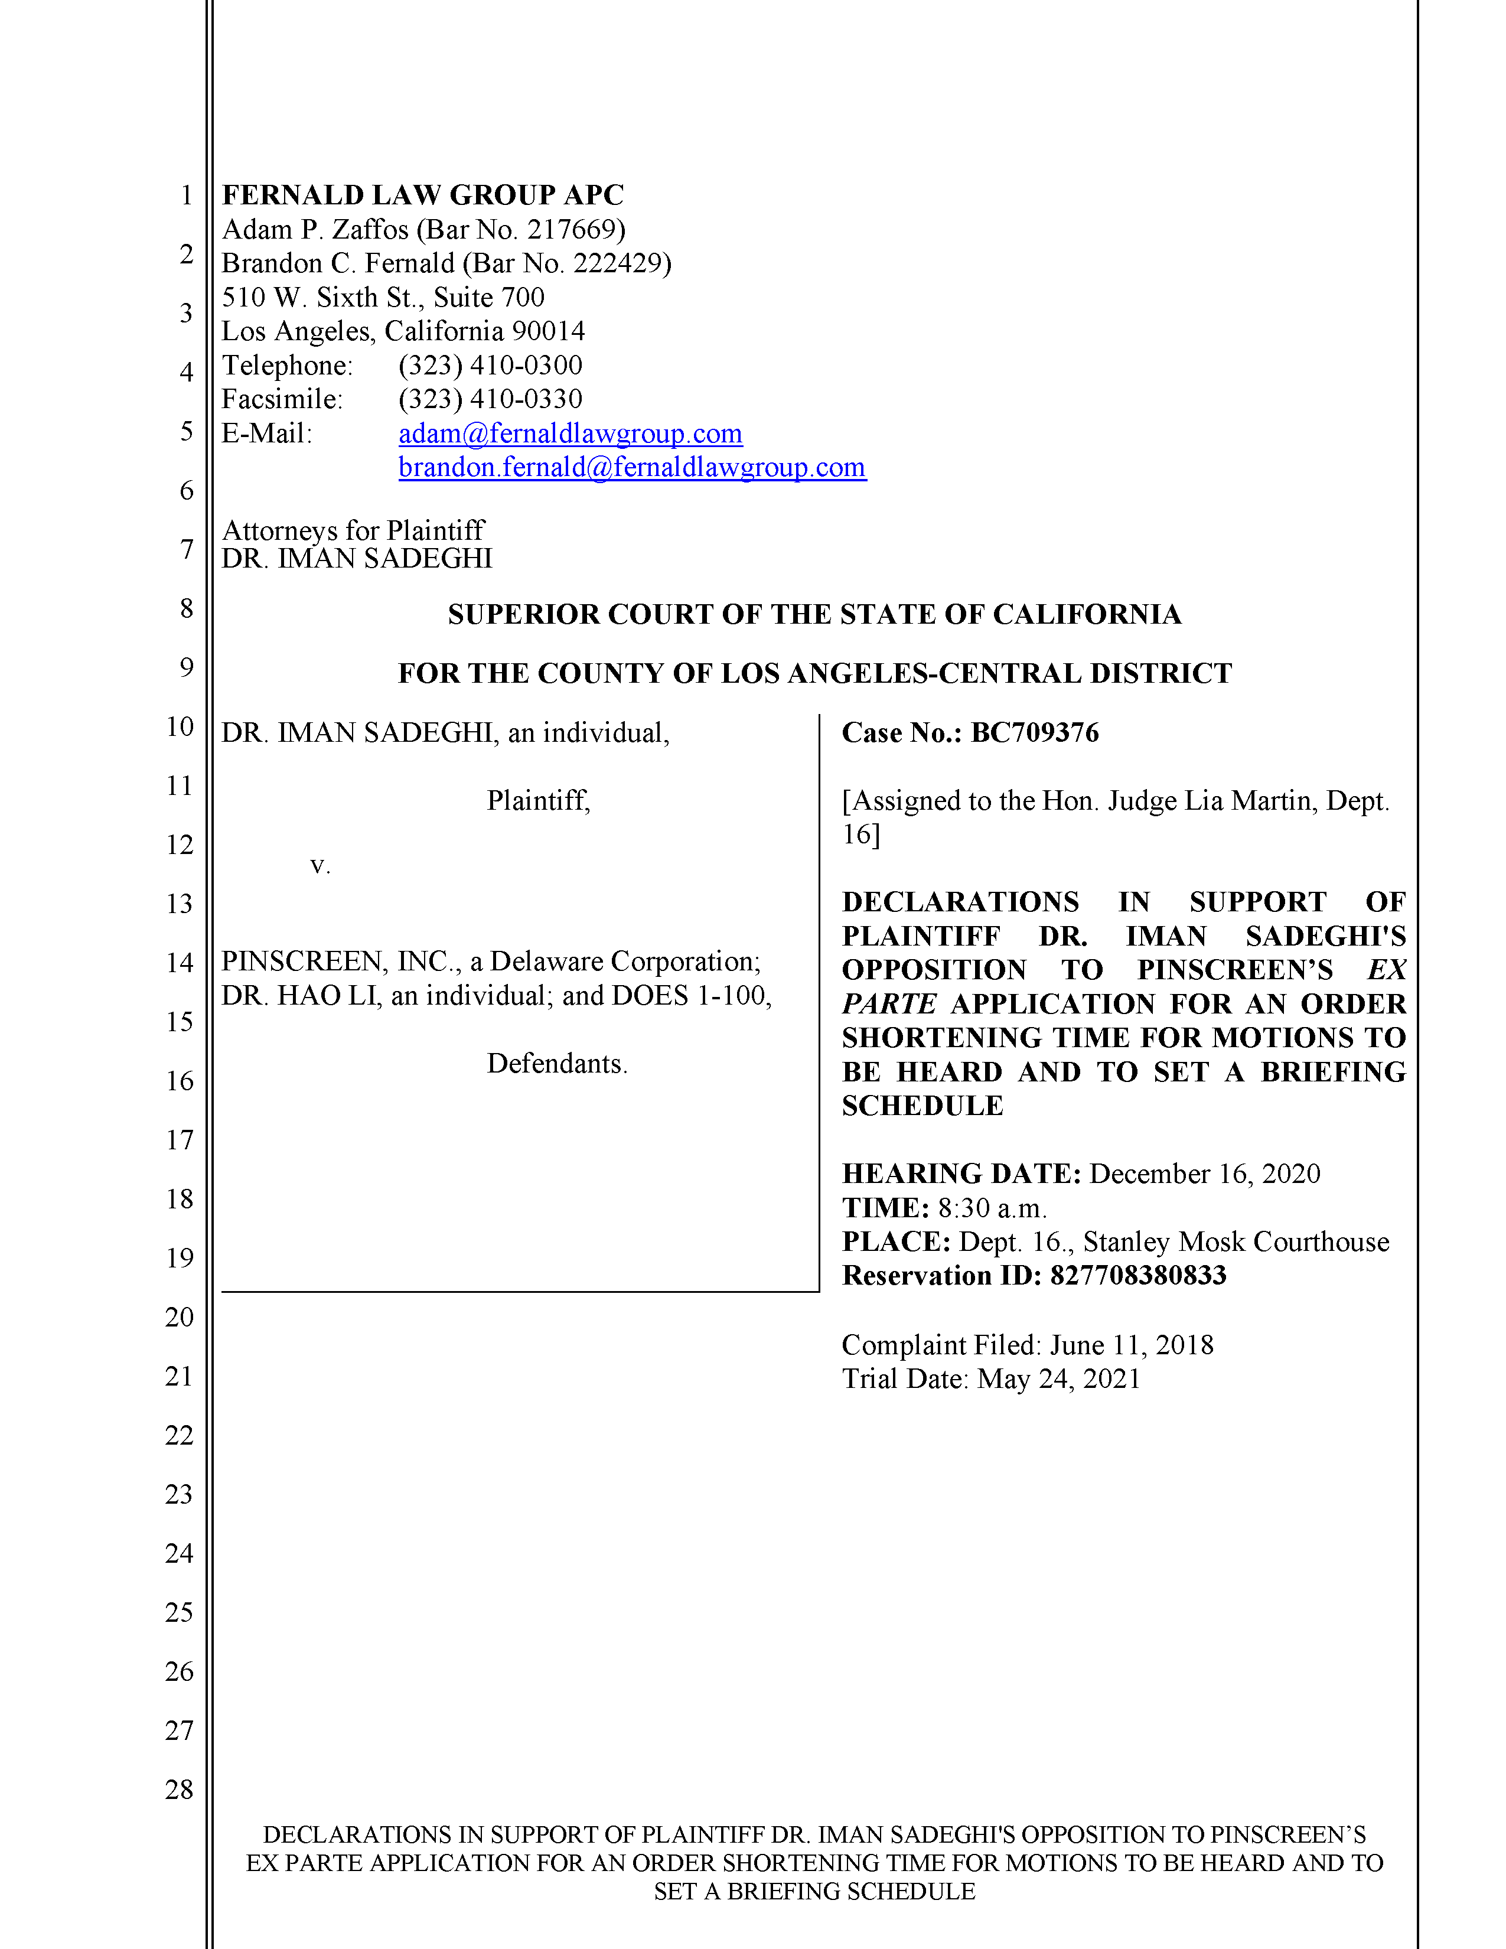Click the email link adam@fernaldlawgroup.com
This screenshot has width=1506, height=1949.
pyautogui.click(x=570, y=434)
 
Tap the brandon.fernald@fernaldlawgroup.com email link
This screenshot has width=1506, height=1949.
pyautogui.click(x=632, y=468)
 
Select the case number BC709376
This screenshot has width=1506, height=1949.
pyautogui.click(x=1034, y=733)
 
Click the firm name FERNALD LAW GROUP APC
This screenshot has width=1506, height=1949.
pyautogui.click(x=423, y=194)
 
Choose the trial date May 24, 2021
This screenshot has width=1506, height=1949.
pyautogui.click(x=1058, y=1378)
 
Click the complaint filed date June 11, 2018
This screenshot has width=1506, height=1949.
pyautogui.click(x=1132, y=1345)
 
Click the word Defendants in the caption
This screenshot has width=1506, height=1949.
pyautogui.click(x=557, y=1064)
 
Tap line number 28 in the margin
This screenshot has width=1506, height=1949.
pyautogui.click(x=180, y=1790)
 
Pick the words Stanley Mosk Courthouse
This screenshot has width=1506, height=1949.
pyautogui.click(x=1236, y=1242)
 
